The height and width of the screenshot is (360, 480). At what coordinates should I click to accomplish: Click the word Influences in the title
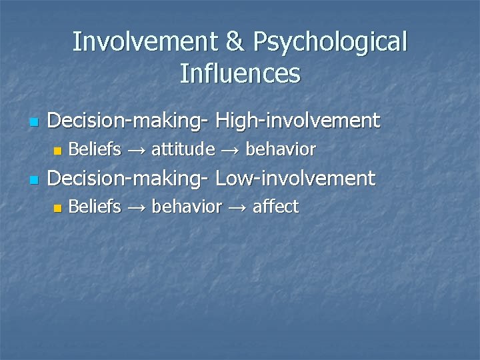tap(240, 73)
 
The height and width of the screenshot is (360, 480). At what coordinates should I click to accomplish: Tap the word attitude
tap(183, 149)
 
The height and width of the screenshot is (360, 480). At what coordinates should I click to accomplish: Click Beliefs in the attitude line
tap(95, 149)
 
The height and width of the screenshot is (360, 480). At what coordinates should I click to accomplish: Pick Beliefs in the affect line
tap(95, 207)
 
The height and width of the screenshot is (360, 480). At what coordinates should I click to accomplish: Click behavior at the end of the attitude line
tap(280, 149)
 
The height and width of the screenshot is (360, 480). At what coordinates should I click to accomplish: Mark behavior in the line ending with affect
tap(186, 207)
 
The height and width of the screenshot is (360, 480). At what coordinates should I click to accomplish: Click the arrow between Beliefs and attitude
tap(136, 150)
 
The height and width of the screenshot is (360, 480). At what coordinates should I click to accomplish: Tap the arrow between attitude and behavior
tap(230, 150)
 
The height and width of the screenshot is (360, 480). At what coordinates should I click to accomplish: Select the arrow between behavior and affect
tap(237, 208)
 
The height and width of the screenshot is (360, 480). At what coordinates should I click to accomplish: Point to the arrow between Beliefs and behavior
tap(136, 208)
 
